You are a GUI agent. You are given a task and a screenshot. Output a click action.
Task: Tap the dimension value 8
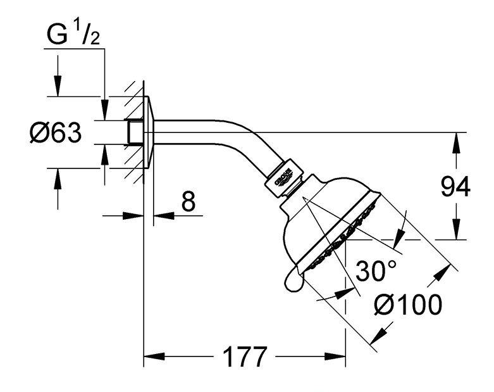coord(188,202)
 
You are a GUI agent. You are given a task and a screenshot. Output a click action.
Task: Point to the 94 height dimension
coord(454,188)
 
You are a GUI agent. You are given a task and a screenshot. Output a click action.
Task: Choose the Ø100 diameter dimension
coord(407,306)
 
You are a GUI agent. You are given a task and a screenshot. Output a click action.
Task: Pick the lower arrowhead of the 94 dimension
coord(454,232)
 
